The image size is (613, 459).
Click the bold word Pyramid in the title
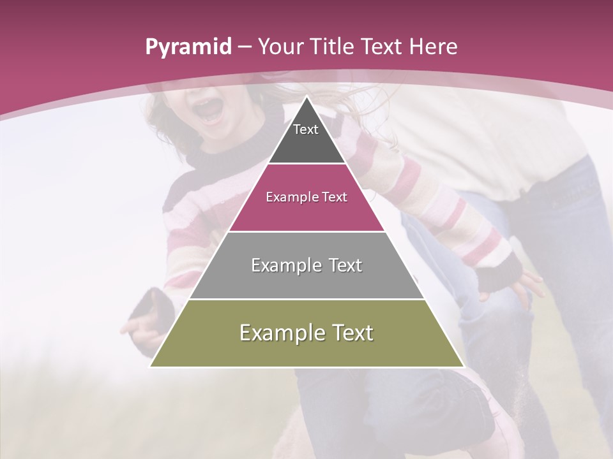click(188, 47)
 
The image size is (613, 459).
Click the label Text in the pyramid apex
click(306, 129)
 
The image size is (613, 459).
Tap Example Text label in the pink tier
click(306, 197)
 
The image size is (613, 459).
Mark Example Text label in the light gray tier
click(306, 265)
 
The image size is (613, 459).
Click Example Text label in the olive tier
click(306, 333)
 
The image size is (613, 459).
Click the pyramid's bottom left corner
click(151, 367)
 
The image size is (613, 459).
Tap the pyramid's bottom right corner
click(464, 367)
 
